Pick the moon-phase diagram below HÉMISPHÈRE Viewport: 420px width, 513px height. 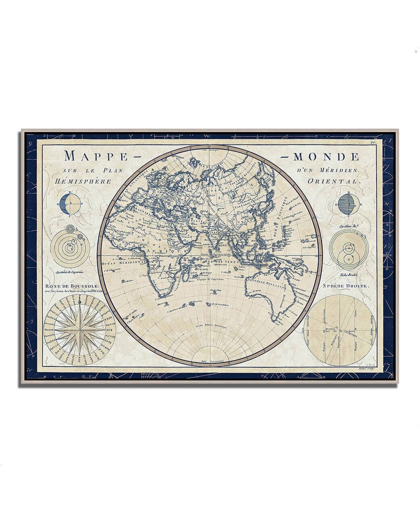69,205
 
